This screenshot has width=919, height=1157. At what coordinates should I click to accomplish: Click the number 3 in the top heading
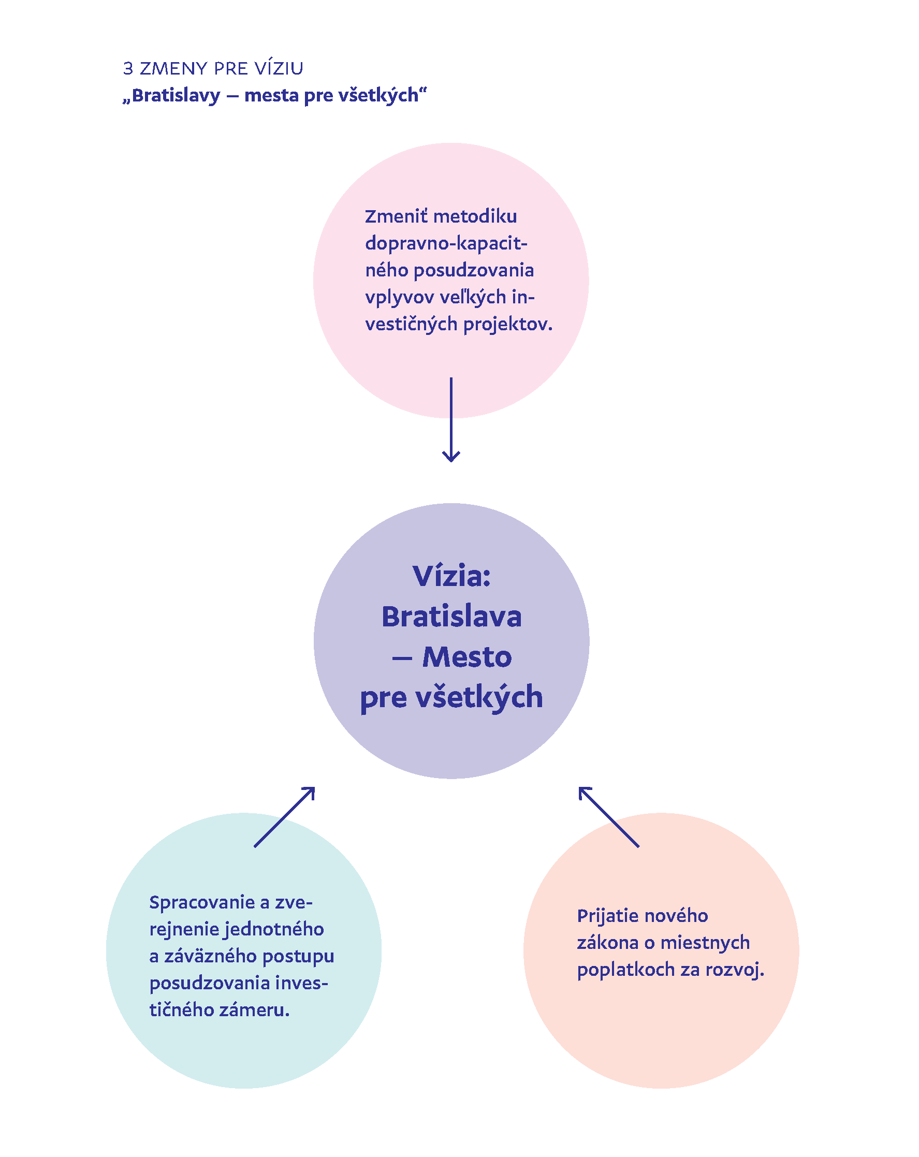128,69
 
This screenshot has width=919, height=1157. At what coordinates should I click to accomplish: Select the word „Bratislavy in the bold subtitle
171,96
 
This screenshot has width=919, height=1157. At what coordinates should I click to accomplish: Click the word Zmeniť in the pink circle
396,216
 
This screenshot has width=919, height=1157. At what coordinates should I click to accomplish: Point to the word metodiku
475,216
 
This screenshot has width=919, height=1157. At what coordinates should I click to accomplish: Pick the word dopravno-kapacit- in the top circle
446,243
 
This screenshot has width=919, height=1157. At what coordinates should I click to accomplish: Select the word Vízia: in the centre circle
451,576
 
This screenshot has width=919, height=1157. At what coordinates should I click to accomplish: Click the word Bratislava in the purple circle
451,617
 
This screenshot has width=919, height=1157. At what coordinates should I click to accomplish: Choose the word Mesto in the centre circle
467,657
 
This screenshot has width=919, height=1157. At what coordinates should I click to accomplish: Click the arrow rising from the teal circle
285,817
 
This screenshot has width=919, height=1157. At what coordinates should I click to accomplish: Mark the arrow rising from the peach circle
608,817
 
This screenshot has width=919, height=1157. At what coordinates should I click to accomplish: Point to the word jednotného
274,929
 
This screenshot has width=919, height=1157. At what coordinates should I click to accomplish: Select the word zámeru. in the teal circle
254,1010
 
